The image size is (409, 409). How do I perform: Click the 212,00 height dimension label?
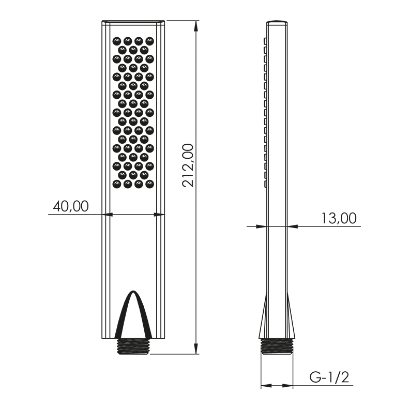tap(188, 165)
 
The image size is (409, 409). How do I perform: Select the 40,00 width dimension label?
tap(71, 206)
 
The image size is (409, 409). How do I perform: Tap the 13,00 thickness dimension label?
tap(339, 218)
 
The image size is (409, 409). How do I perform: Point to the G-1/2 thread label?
tap(329, 377)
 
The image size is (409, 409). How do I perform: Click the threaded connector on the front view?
tap(133, 346)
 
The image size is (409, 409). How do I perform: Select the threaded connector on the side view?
tap(277, 346)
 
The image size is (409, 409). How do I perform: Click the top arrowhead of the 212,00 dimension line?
tap(196, 26)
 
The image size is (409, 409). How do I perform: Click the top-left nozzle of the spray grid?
tap(116, 41)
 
